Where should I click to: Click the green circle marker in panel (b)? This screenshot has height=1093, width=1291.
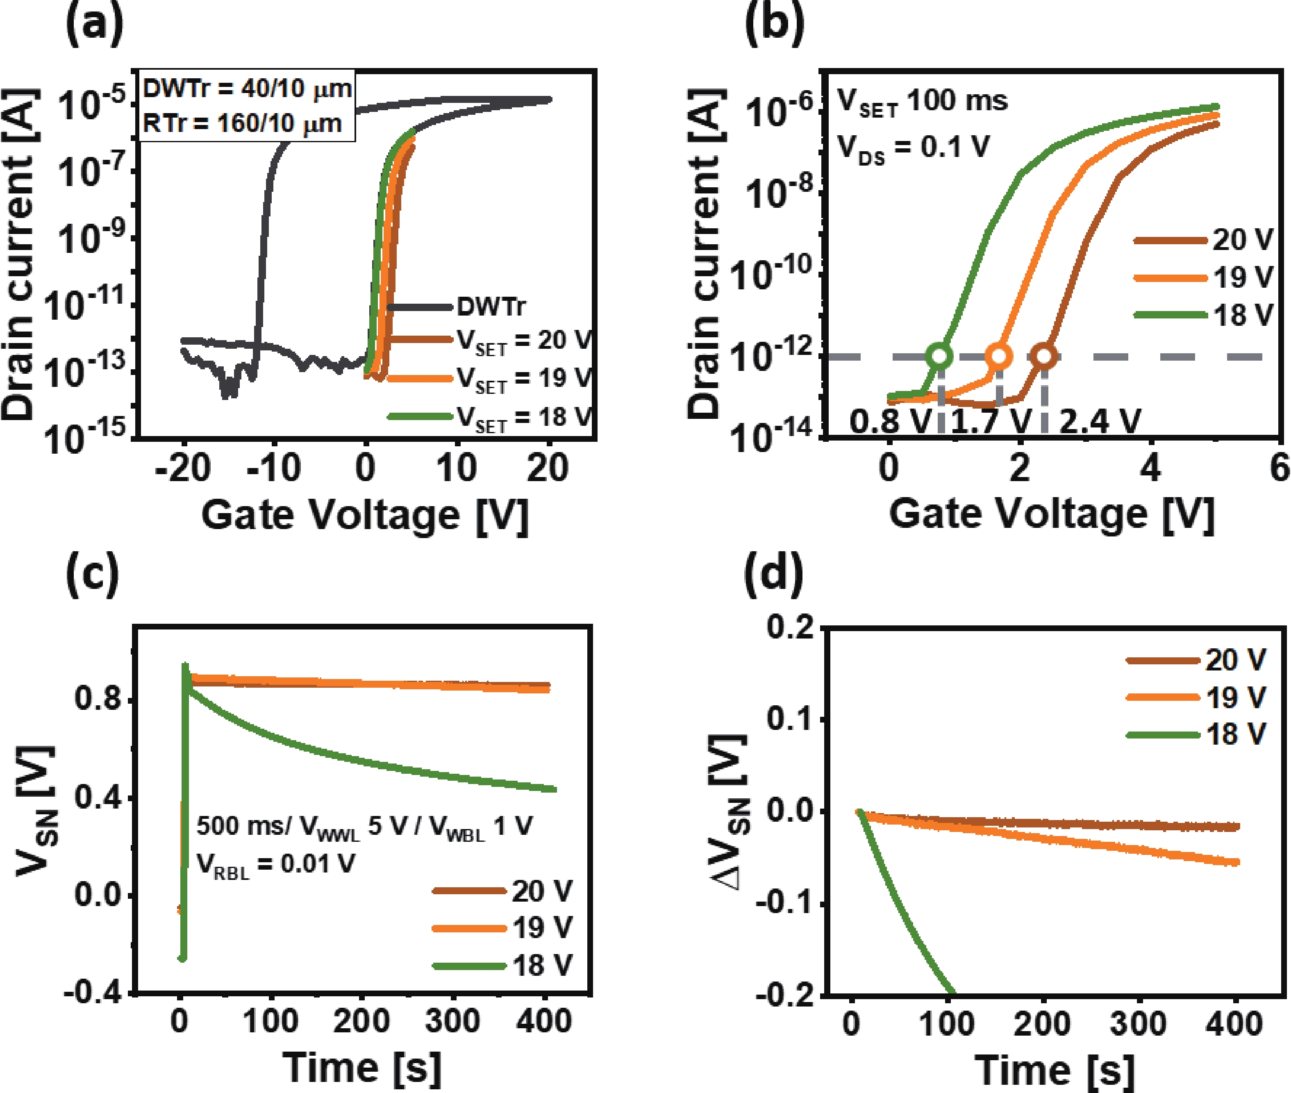940,356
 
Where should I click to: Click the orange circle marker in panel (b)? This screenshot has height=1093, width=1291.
999,356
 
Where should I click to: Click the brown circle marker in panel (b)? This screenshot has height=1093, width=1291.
1044,356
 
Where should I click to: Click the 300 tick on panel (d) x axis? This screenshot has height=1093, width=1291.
1139,1024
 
